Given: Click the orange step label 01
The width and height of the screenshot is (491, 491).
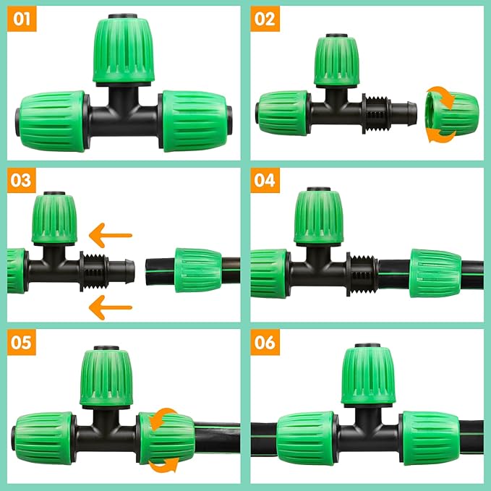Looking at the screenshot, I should point(22,20).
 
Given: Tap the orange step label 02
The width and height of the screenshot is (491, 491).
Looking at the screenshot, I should point(265,20).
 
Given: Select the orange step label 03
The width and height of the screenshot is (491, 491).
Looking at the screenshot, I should point(22,180).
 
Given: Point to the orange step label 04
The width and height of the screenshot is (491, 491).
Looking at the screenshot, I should point(265,180).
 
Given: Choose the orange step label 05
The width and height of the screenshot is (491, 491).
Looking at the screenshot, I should point(22,342).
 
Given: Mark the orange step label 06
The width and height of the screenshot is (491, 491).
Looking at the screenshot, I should point(265,342).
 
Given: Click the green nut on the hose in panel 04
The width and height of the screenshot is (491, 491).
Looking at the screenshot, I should point(435,273).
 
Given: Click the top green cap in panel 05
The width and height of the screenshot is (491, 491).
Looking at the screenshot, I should point(106,376).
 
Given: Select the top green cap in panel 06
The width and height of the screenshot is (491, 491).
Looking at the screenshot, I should point(368,376).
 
